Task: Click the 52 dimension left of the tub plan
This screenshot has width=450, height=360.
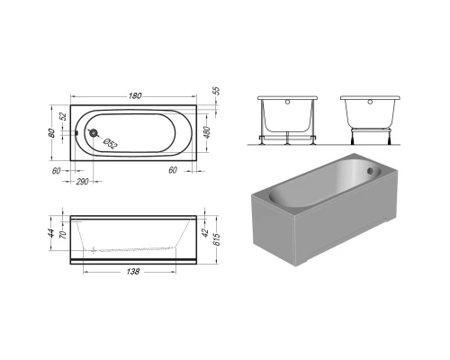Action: (63, 116)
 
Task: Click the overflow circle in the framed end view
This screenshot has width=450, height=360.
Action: (286, 103)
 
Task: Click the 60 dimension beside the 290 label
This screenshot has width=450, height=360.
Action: (56, 170)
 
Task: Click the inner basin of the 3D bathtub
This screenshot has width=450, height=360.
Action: (319, 184)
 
